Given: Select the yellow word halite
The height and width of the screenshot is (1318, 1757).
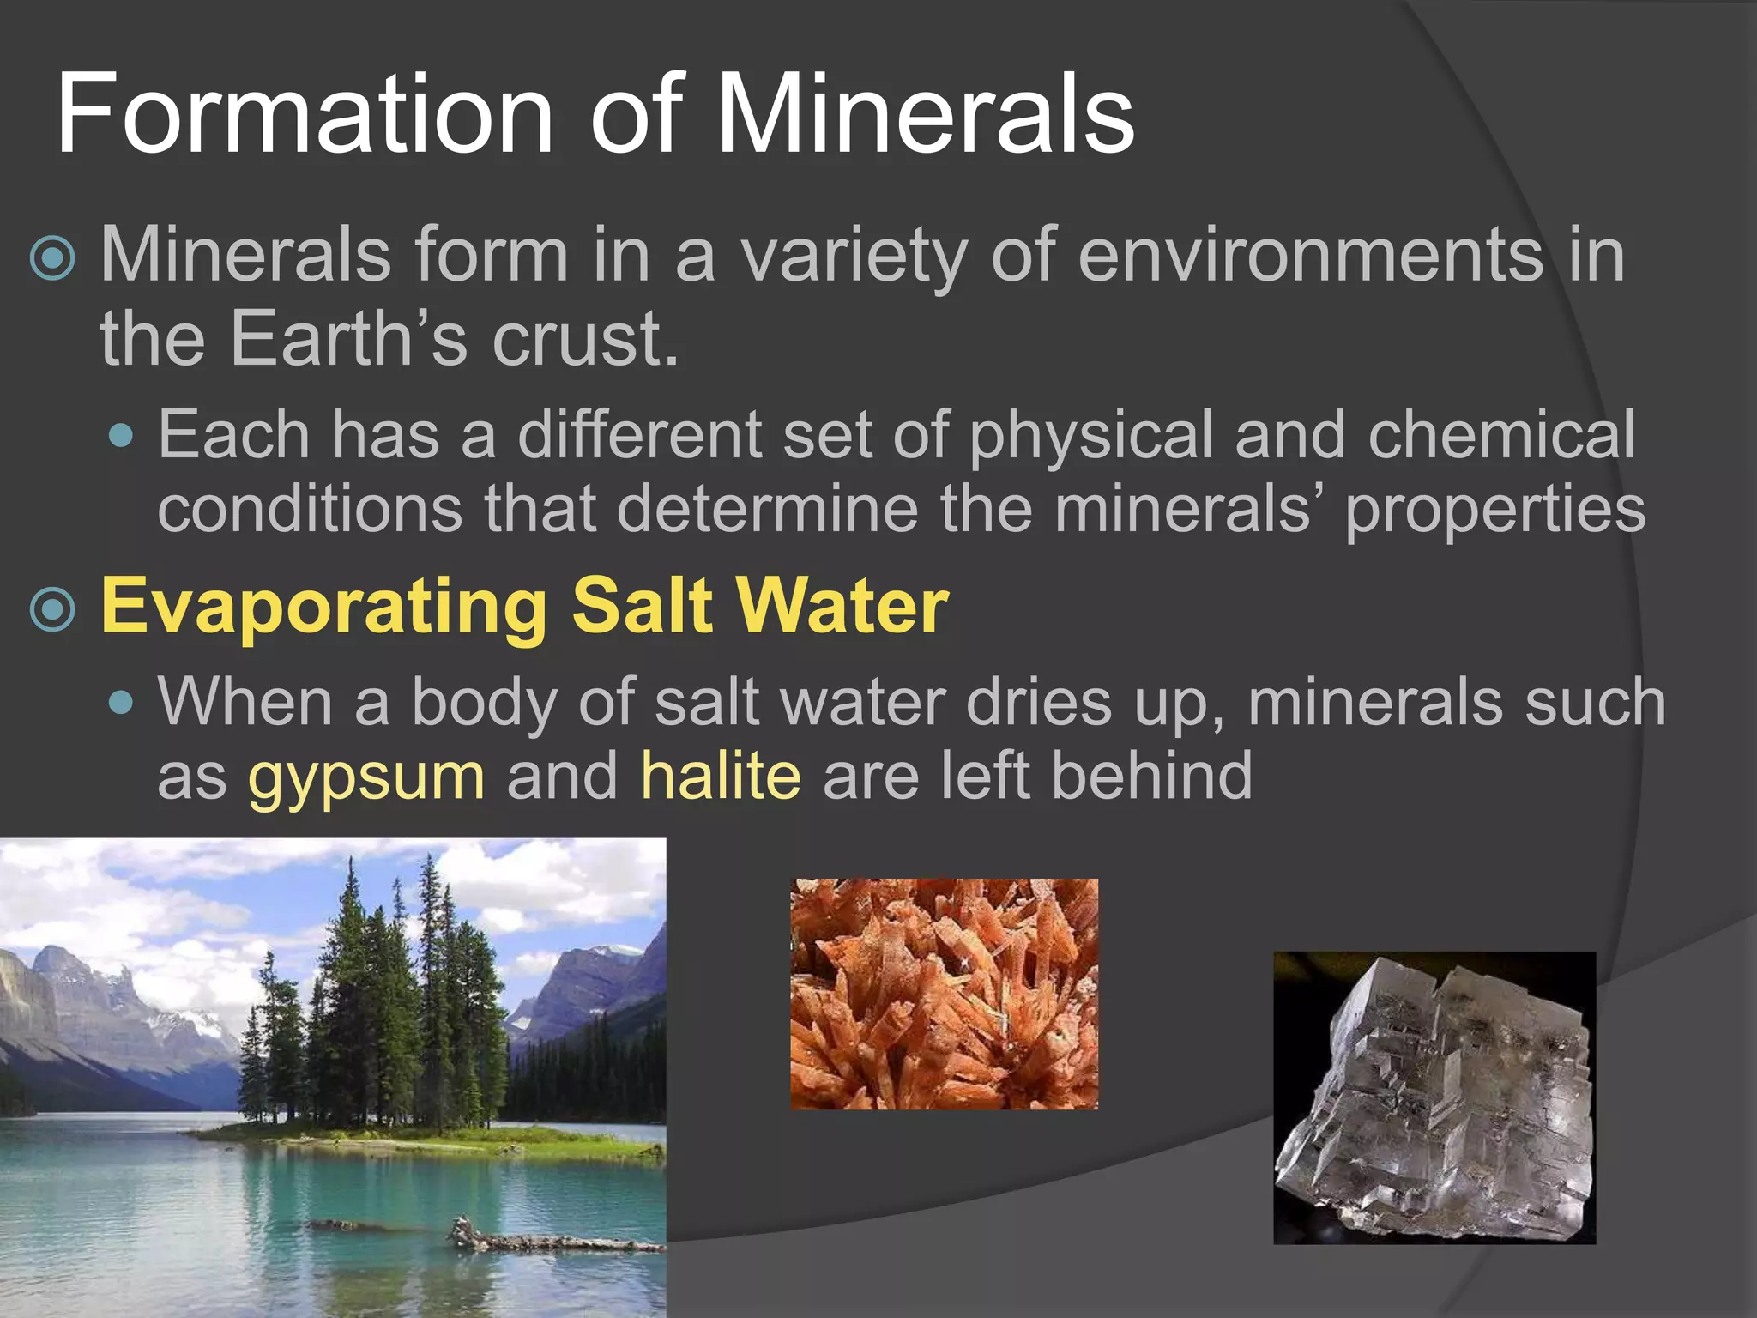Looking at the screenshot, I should tap(721, 775).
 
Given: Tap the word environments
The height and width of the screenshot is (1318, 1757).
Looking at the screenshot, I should tap(1309, 255).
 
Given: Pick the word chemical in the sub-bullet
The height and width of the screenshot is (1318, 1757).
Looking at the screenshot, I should tap(1501, 434).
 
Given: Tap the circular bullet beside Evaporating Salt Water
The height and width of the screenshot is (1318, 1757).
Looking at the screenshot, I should tap(53, 609).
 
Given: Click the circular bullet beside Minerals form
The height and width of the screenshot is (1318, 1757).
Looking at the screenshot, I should tap(53, 257).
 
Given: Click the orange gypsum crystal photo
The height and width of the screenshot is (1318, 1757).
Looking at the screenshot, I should tap(944, 994).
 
